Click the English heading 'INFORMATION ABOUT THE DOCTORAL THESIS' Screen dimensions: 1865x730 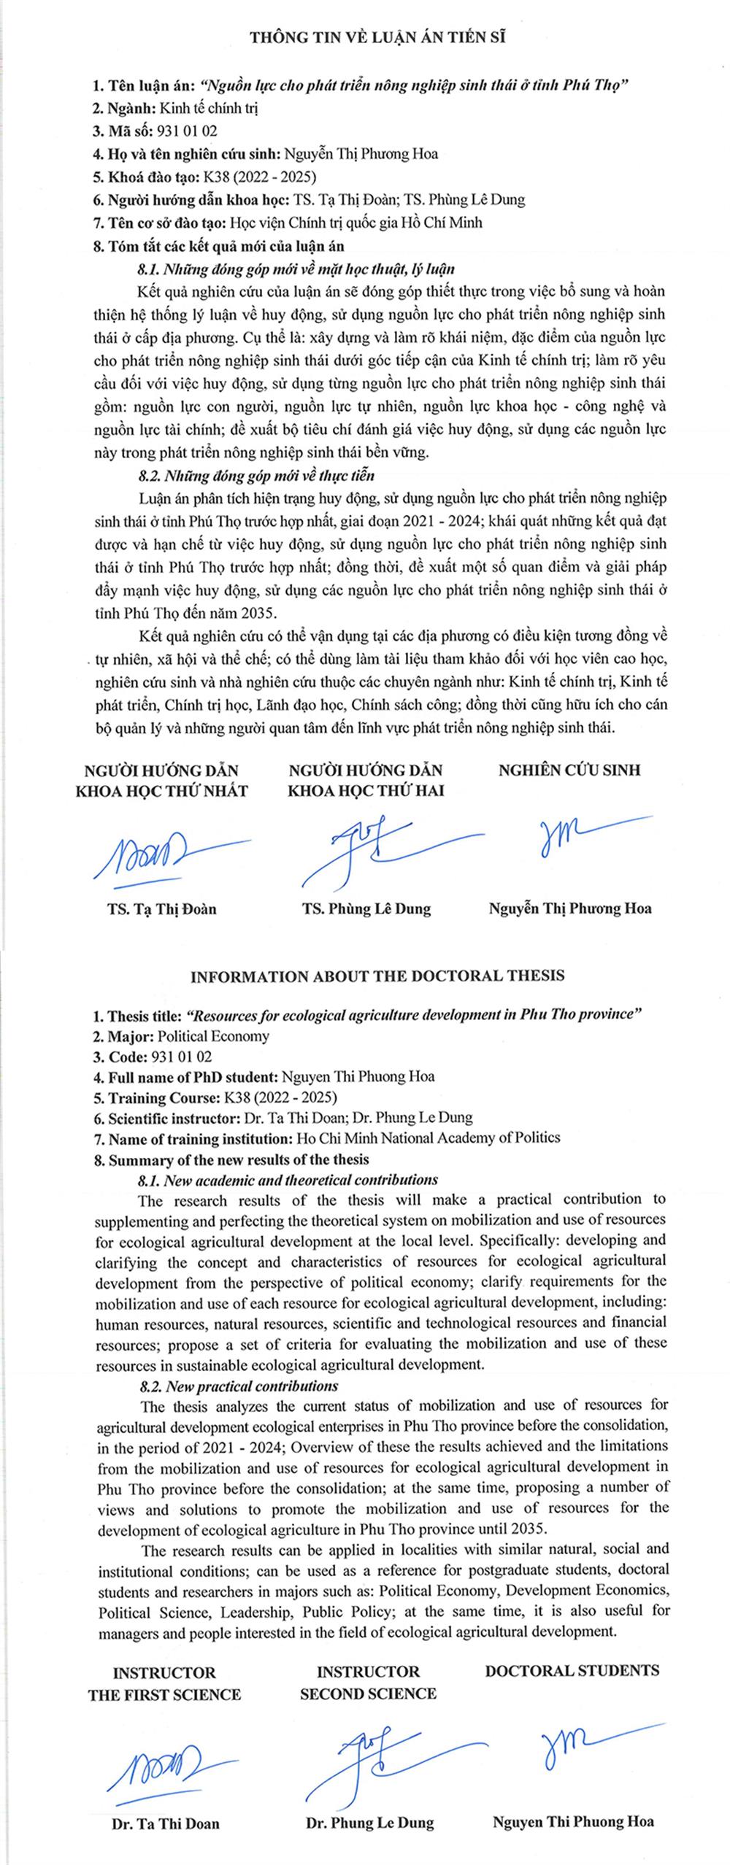[x=377, y=976]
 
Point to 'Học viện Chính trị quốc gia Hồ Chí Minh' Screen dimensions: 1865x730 [x=356, y=223]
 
